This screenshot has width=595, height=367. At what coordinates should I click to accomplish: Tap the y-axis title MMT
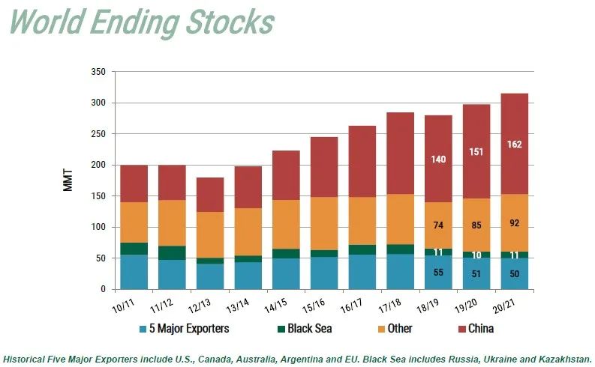point(68,181)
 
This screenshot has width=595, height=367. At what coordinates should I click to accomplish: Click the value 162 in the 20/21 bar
point(514,144)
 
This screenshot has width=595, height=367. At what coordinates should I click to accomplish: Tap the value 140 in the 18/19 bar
point(438,159)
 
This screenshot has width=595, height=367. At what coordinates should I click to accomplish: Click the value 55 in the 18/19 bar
point(438,272)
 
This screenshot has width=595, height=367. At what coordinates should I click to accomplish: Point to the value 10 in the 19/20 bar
point(476,255)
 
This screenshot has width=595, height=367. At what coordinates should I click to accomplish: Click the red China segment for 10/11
point(134,183)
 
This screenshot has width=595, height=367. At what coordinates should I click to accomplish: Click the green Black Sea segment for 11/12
point(172,252)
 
